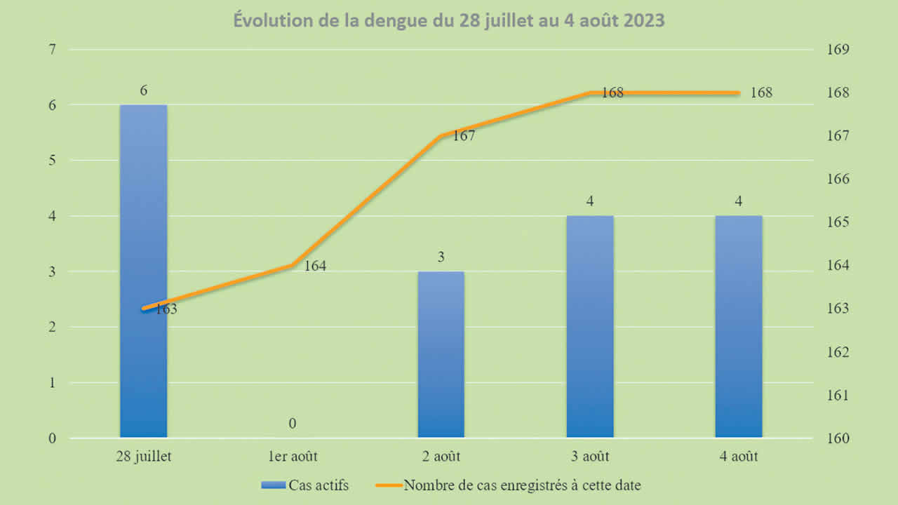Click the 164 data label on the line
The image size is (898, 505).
pyautogui.click(x=315, y=267)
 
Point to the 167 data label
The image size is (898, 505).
pyautogui.click(x=464, y=136)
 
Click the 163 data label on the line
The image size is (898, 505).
pyautogui.click(x=166, y=309)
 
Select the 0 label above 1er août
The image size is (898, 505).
pyautogui.click(x=292, y=424)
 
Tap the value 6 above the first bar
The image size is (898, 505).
pyautogui.click(x=143, y=90)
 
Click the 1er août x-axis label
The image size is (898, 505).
pyautogui.click(x=292, y=457)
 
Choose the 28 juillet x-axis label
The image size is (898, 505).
pyautogui.click(x=143, y=457)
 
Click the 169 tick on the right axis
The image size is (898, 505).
pyautogui.click(x=840, y=50)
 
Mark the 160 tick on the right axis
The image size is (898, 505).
pyautogui.click(x=840, y=439)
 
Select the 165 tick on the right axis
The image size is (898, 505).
pyautogui.click(x=840, y=222)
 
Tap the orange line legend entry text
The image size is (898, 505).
pyautogui.click(x=522, y=485)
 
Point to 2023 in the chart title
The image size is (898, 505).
pyautogui.click(x=641, y=21)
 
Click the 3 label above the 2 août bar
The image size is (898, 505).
pyautogui.click(x=441, y=257)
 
